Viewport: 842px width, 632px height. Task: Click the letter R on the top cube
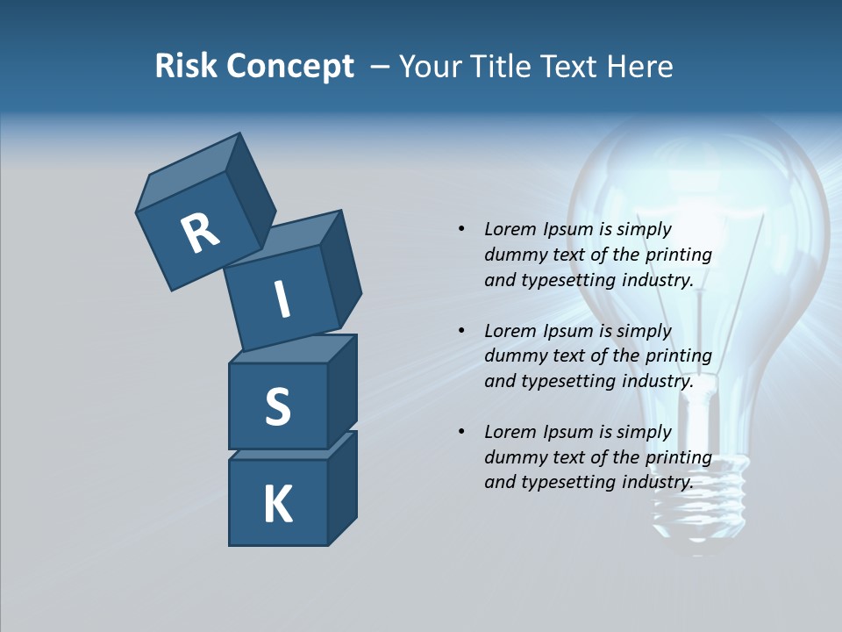200,233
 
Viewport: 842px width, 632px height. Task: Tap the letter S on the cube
277,406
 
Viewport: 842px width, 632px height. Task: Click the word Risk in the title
187,66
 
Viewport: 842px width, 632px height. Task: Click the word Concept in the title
290,66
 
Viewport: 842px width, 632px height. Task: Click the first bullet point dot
461,229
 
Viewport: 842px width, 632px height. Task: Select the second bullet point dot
461,331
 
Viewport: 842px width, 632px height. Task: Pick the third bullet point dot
461,432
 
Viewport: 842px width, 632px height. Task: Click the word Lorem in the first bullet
508,229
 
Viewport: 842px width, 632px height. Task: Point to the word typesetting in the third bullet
567,482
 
